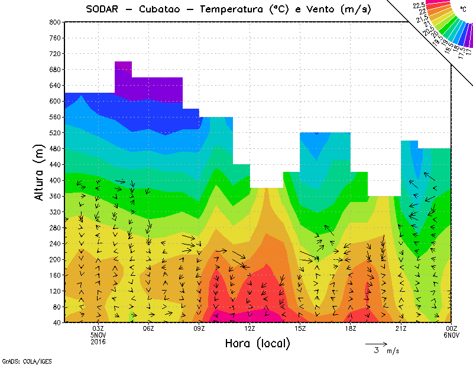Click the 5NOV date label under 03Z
tap(98, 335)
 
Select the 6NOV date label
tap(452, 335)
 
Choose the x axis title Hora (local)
tap(257, 344)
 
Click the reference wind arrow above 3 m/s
tap(376, 343)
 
